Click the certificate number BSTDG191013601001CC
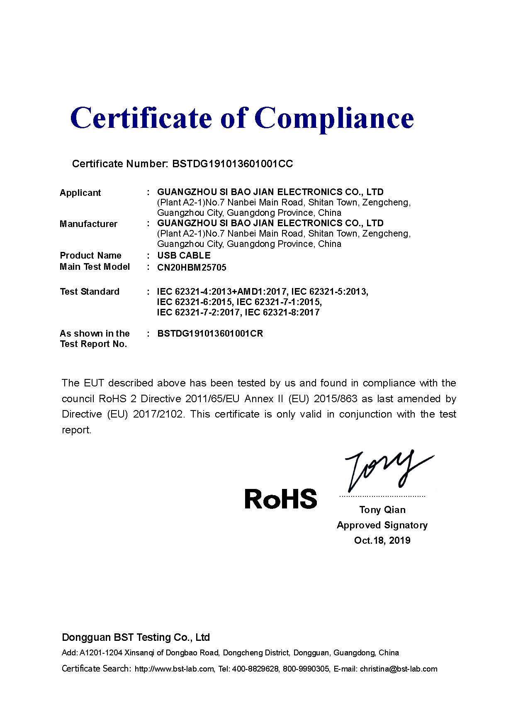[233, 164]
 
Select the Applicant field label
[80, 193]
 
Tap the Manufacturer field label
[88, 224]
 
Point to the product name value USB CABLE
[184, 256]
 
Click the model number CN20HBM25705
[192, 268]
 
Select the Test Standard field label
[90, 292]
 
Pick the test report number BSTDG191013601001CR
[210, 334]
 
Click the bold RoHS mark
[281, 498]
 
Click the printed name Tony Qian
[382, 510]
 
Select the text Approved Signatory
[382, 525]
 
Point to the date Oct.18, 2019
[382, 540]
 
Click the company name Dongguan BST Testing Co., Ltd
[136, 638]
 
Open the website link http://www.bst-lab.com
[174, 669]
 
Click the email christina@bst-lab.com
[399, 669]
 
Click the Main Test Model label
[95, 267]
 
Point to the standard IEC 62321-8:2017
[282, 313]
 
